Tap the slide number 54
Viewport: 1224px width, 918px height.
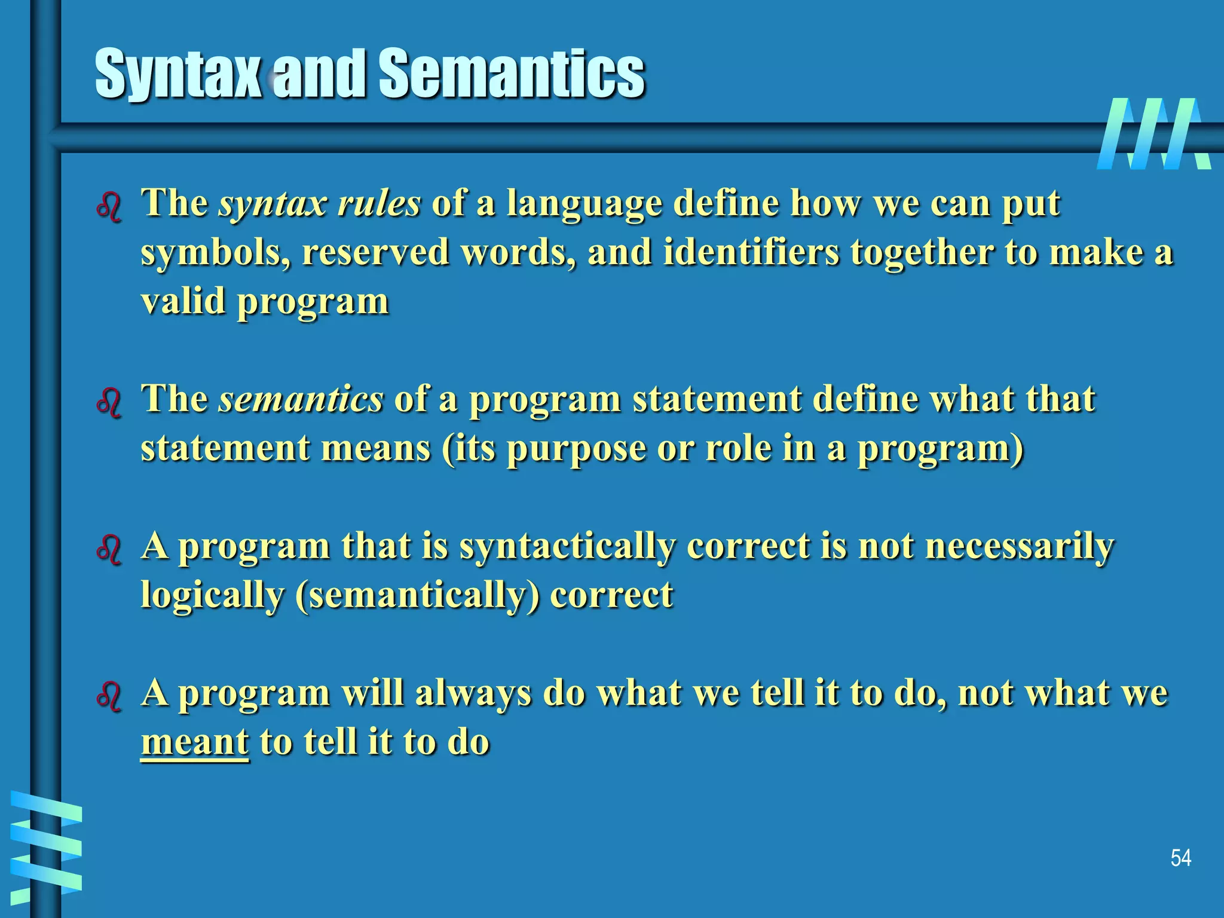(x=1180, y=858)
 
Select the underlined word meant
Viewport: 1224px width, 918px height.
(x=194, y=742)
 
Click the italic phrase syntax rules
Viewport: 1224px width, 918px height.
(x=319, y=204)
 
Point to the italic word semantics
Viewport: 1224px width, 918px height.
(x=300, y=399)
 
